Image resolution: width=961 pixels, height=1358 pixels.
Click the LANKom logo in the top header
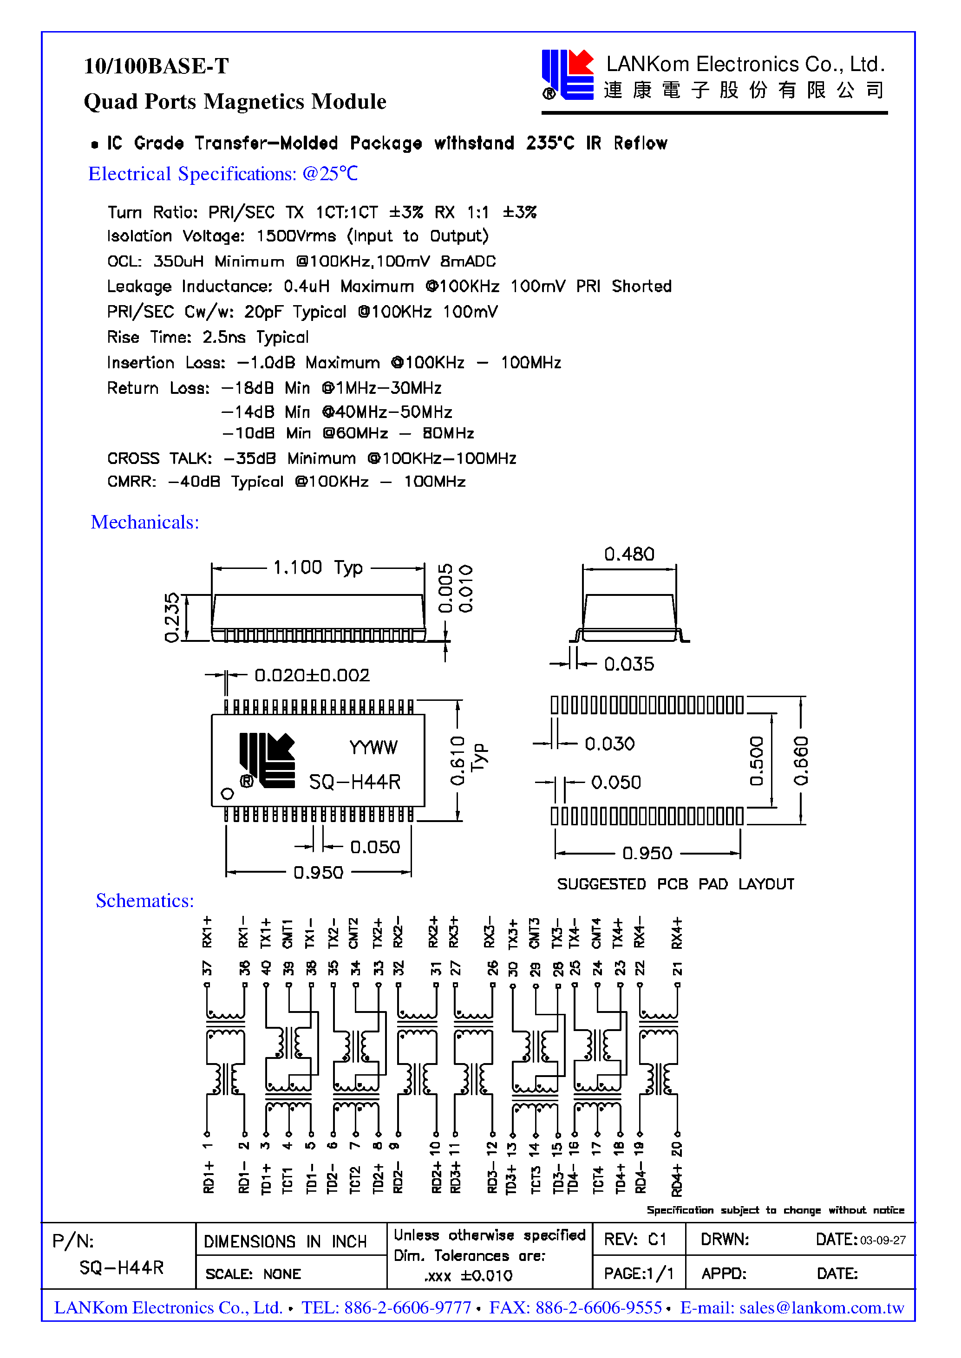click(568, 75)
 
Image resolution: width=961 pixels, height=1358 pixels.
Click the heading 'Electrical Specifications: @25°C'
click(222, 174)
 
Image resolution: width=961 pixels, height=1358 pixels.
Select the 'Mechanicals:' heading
click(145, 522)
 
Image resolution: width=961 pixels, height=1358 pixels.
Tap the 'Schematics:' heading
click(145, 901)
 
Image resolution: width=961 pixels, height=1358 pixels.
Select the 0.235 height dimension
click(171, 617)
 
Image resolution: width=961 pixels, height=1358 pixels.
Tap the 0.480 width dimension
click(629, 555)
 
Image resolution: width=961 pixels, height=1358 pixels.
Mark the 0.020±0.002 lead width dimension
click(312, 676)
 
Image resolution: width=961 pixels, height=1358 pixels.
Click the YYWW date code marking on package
click(373, 748)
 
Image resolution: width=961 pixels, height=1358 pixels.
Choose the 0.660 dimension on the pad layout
click(801, 761)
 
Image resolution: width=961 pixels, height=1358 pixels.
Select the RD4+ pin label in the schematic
click(677, 1181)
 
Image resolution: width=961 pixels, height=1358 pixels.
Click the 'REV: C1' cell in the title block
click(635, 1239)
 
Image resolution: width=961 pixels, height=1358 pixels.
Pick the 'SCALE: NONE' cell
click(253, 1274)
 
